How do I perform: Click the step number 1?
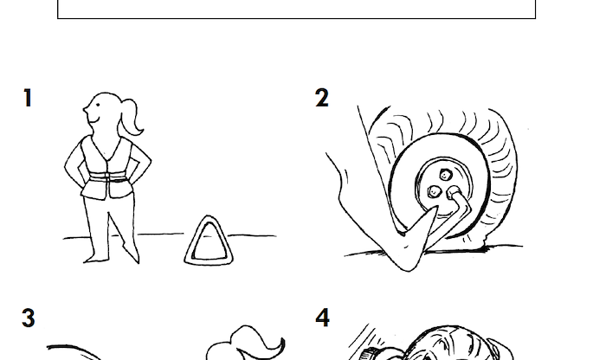(28, 98)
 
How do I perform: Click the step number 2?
(322, 98)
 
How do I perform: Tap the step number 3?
(29, 318)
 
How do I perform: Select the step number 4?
(323, 318)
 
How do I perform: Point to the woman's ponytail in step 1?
(132, 117)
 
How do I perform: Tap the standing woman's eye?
(98, 105)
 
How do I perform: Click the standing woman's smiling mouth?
(93, 119)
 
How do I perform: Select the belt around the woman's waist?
(108, 177)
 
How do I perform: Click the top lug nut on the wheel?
(445, 176)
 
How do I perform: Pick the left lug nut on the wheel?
(434, 191)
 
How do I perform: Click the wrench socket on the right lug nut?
(454, 192)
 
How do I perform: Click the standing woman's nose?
(85, 110)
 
